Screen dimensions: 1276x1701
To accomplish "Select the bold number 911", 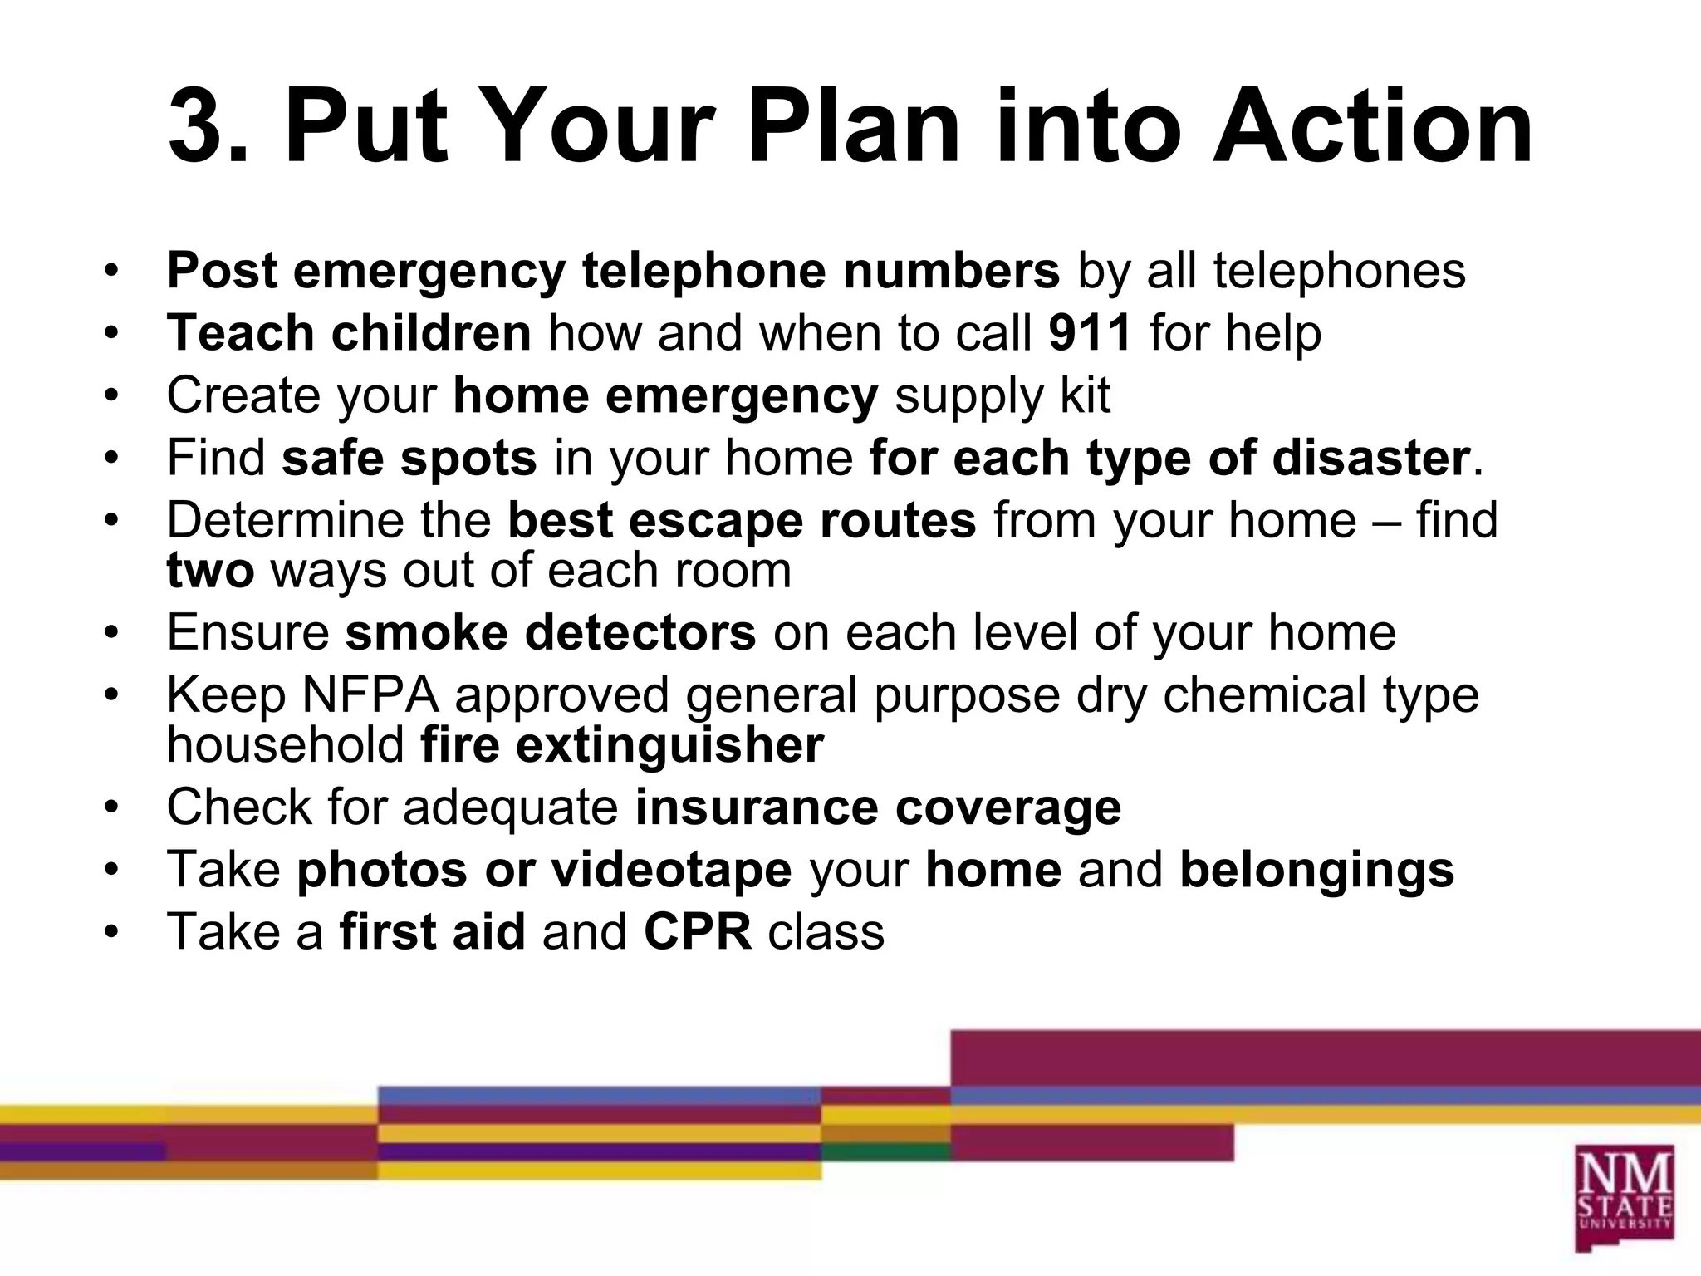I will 1089,333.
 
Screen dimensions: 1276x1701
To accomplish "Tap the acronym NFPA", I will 370,694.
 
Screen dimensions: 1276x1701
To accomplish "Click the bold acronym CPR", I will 698,931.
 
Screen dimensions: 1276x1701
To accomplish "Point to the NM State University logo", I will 1623,1196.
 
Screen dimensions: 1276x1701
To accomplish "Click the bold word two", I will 209,571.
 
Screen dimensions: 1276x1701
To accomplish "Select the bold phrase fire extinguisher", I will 622,745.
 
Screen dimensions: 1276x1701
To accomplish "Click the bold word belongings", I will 1316,870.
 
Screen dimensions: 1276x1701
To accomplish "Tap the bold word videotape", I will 671,870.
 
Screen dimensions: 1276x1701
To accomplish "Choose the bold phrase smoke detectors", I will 551,633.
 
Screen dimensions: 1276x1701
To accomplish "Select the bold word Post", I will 222,271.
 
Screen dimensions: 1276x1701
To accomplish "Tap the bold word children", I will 430,333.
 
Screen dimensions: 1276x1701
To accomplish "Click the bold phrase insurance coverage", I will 878,807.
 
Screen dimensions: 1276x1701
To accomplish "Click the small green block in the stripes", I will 885,1151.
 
